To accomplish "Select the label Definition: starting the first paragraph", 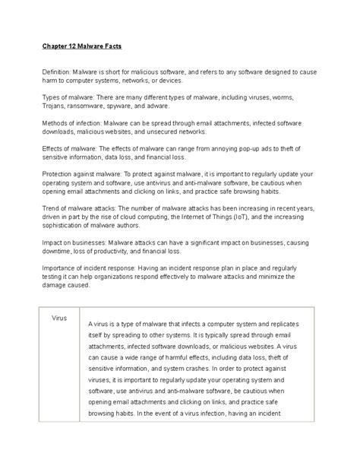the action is [58, 71].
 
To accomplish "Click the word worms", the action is [293, 98].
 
